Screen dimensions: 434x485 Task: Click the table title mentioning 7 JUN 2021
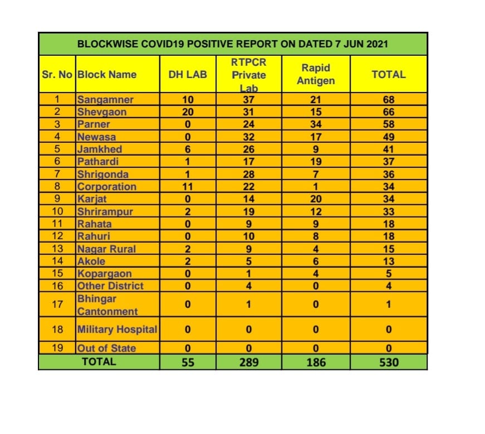[x=233, y=44]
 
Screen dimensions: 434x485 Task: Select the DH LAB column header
[x=188, y=74]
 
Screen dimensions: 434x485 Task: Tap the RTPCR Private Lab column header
[x=248, y=75]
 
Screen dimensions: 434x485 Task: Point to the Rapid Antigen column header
[x=316, y=74]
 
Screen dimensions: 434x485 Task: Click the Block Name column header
[x=107, y=74]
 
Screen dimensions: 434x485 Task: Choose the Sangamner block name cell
[x=105, y=100]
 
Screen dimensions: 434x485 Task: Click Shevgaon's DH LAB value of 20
[x=188, y=112]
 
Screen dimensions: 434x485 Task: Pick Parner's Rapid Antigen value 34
[x=316, y=124]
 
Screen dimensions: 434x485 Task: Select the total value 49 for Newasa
[x=389, y=137]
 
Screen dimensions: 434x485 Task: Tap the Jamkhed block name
[x=100, y=149]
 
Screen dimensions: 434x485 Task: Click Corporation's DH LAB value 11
[x=188, y=186]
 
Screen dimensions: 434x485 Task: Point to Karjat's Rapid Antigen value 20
[x=316, y=199]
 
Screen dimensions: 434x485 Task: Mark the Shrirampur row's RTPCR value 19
[x=248, y=211]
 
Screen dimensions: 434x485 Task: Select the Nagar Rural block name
[x=106, y=249]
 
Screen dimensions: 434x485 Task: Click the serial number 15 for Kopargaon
[x=57, y=273]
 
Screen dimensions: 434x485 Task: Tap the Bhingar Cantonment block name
[x=107, y=305]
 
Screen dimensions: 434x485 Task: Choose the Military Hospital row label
[x=117, y=330]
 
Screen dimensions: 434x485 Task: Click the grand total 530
[x=389, y=362]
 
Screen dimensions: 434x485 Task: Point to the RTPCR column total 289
[x=248, y=362]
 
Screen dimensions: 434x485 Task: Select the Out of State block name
[x=106, y=348]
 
